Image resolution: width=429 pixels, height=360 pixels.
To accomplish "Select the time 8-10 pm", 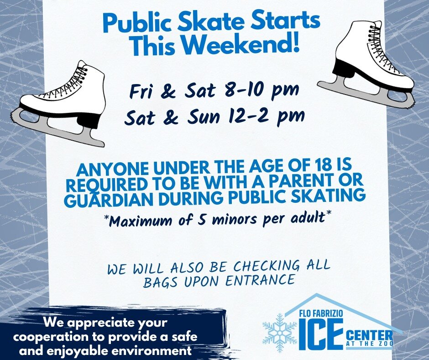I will point(260,90).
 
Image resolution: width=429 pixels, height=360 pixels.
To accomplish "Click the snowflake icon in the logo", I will point(279,332).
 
